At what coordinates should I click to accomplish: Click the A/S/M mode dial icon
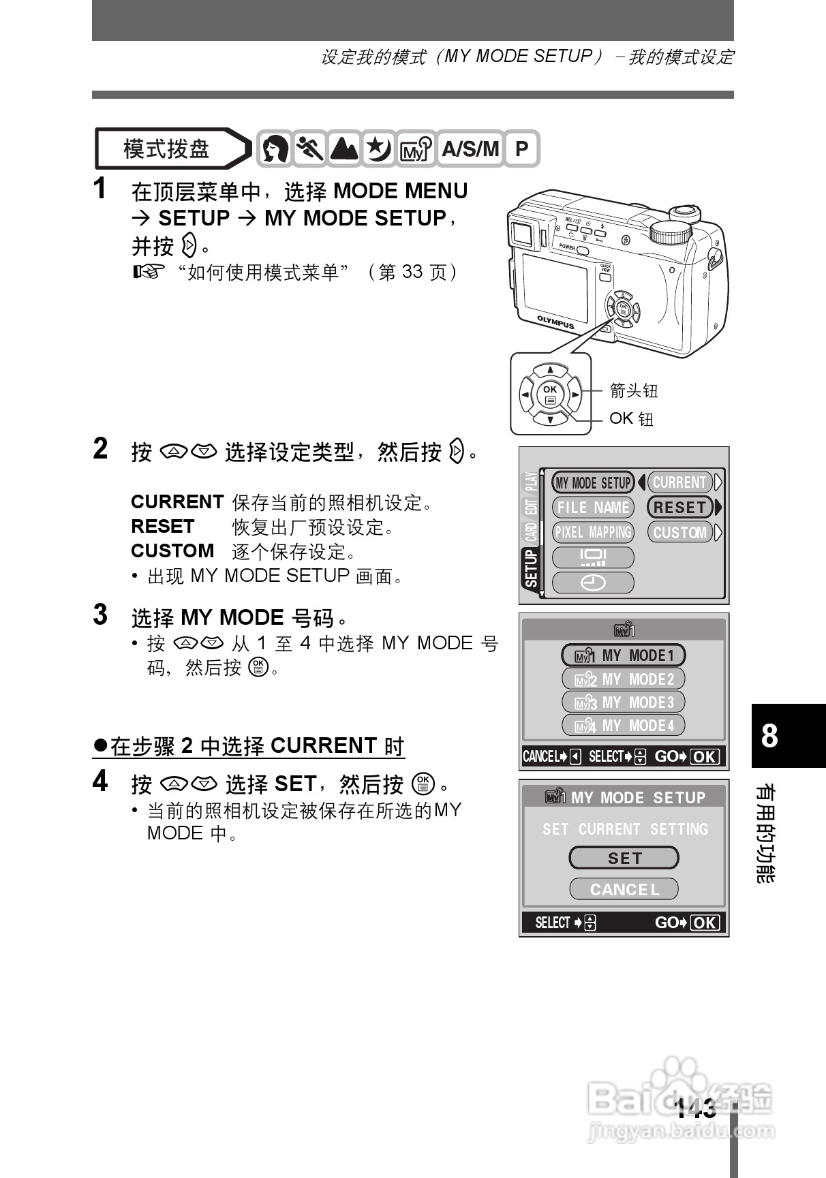(x=470, y=149)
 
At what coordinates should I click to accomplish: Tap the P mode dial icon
(x=521, y=149)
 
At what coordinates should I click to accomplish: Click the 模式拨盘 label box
(x=167, y=149)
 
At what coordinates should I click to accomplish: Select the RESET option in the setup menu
(x=679, y=508)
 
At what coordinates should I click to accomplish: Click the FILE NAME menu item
(x=593, y=508)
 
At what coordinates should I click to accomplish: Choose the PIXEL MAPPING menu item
(x=593, y=532)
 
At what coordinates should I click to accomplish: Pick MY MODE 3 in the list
(x=624, y=702)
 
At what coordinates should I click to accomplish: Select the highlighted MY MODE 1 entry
(x=624, y=655)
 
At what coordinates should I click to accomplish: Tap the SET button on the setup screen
(x=624, y=858)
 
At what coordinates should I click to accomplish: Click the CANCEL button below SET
(x=624, y=889)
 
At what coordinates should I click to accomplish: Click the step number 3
(x=100, y=615)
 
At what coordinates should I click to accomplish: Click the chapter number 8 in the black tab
(x=769, y=736)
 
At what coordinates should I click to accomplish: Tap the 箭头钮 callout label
(x=634, y=390)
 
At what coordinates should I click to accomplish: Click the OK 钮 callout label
(x=631, y=418)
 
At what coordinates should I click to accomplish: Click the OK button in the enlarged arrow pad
(x=549, y=394)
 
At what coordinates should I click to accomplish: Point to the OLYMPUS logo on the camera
(x=555, y=322)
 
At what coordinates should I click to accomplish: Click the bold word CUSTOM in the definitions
(x=172, y=551)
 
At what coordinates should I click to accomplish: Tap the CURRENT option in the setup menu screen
(x=679, y=482)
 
